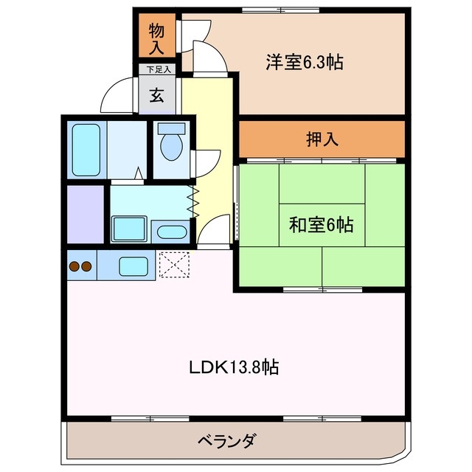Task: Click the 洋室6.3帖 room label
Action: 303,63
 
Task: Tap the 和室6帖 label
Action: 319,225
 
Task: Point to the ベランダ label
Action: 227,442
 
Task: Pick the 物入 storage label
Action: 156,39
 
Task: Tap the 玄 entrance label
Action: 157,95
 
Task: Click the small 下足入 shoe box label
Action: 158,70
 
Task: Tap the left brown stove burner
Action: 74,266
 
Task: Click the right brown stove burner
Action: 87,266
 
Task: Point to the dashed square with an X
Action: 174,265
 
